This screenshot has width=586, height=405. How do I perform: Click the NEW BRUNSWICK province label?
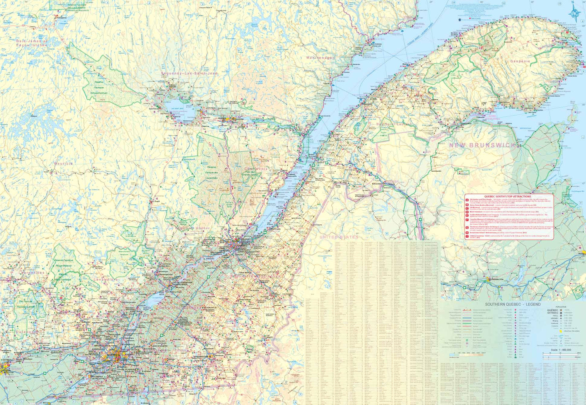pos(482,145)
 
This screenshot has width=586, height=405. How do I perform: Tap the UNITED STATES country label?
pos(339,237)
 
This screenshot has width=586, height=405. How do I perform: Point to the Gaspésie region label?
pos(520,61)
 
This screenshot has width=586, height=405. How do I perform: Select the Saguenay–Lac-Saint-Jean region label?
pos(189,73)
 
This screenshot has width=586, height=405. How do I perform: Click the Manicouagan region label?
pos(320,58)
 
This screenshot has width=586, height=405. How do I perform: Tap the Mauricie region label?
pos(63,164)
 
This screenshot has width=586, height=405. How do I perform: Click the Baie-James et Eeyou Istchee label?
pos(32,43)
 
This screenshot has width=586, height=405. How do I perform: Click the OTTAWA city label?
pos(5,370)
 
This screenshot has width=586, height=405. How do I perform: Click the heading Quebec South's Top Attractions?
pos(507,197)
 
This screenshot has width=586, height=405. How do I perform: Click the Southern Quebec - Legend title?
pos(513,304)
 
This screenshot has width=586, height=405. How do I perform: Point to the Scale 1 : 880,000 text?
pos(561,350)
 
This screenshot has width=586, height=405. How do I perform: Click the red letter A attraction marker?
pos(467,200)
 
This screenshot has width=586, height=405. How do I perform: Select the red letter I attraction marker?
pos(467,236)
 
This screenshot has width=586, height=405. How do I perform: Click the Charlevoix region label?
pos(256,169)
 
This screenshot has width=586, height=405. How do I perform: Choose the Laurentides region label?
pos(33,273)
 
